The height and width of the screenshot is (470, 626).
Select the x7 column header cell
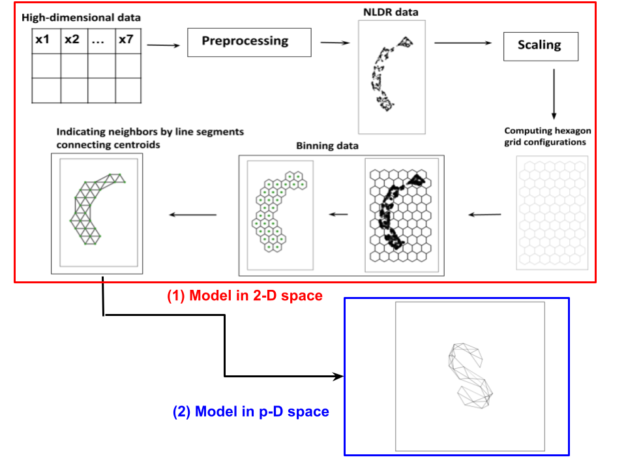tap(127, 40)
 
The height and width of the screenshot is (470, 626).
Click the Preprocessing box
tap(245, 42)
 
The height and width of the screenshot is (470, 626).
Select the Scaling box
tap(540, 45)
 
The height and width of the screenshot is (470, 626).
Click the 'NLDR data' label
tap(391, 12)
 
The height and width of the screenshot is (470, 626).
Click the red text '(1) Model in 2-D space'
tap(245, 296)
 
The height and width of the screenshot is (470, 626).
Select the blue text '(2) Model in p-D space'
tap(251, 412)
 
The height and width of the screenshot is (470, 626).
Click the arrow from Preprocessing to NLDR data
tap(333, 43)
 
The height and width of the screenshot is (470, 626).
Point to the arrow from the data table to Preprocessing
tap(163, 45)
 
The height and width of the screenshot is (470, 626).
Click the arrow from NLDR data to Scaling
tap(463, 43)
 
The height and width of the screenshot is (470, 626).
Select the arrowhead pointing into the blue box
tap(338, 377)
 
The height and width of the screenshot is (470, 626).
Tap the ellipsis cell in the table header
tap(100, 40)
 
